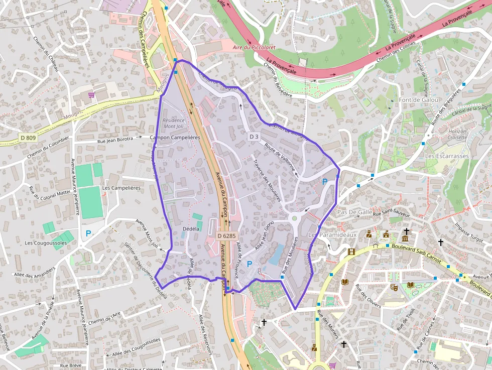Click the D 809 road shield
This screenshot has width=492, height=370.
click(28, 137)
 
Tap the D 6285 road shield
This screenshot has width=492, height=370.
click(227, 235)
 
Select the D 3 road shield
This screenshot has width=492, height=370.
click(254, 137)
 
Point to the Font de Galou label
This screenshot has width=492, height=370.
click(419, 100)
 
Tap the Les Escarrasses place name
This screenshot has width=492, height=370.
click(446, 156)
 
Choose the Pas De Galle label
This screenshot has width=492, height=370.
click(355, 212)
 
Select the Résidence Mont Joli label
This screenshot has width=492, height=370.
click(174, 123)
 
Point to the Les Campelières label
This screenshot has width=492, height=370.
click(121, 188)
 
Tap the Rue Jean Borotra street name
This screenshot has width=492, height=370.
click(115, 140)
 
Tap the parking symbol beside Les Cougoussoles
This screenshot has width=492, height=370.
click(88, 233)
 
